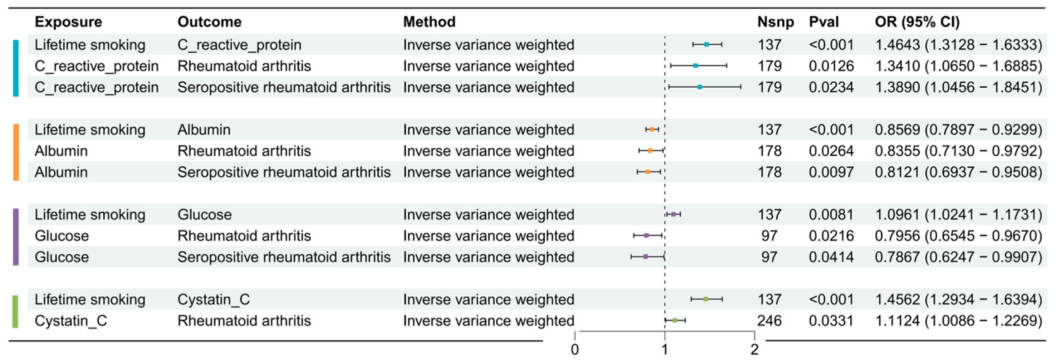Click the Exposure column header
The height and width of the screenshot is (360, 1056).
click(68, 22)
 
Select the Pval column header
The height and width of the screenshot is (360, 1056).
click(823, 22)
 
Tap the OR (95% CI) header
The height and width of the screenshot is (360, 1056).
click(917, 22)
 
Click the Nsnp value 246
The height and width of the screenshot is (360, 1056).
click(769, 321)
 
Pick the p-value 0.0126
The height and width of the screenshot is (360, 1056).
click(831, 66)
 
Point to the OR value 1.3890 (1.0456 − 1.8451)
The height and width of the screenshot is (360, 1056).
click(958, 87)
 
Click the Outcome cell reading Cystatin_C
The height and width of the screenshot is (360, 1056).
click(213, 299)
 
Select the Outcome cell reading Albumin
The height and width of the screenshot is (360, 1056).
click(204, 130)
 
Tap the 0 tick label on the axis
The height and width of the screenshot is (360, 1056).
click(575, 350)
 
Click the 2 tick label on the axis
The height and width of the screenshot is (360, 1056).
click(754, 350)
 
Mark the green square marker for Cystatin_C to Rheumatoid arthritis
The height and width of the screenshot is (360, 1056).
click(675, 320)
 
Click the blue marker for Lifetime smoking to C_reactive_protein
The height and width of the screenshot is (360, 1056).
click(706, 44)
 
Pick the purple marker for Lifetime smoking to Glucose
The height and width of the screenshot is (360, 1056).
click(673, 214)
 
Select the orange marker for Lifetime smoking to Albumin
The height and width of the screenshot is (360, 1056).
click(652, 129)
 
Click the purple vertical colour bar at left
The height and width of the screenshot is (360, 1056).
click(16, 237)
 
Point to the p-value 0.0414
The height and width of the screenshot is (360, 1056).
click(831, 257)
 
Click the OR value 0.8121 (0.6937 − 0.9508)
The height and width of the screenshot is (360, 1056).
click(958, 172)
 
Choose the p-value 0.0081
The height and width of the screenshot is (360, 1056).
click(831, 214)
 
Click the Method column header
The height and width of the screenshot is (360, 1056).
click(429, 22)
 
